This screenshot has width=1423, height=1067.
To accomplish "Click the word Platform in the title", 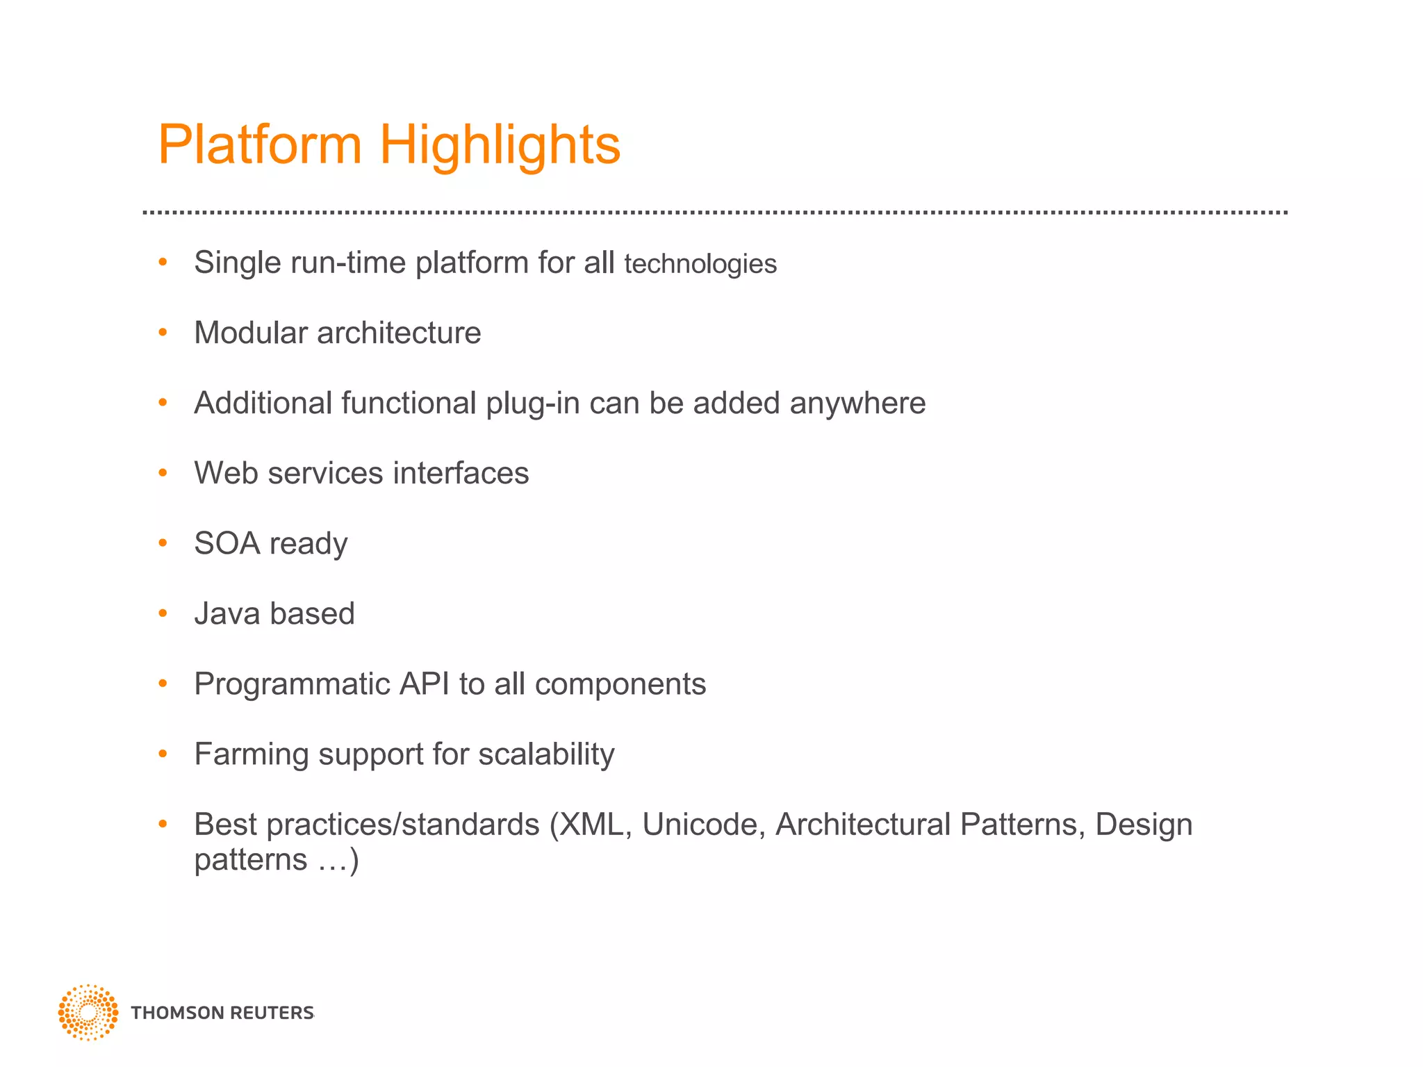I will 260,144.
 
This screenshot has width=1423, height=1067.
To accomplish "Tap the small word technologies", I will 700,264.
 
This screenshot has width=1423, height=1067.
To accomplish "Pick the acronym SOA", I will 227,543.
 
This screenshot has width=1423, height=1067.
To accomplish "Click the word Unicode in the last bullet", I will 703,825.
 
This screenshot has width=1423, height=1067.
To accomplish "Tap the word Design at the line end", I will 1144,825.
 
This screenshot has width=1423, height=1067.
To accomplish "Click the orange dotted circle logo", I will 88,1012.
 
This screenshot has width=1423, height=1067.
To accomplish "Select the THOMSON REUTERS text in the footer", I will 222,1013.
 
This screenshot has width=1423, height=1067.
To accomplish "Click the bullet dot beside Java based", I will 163,613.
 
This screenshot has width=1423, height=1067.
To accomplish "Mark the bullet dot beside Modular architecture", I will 163,333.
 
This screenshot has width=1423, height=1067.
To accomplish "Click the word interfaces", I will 461,473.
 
